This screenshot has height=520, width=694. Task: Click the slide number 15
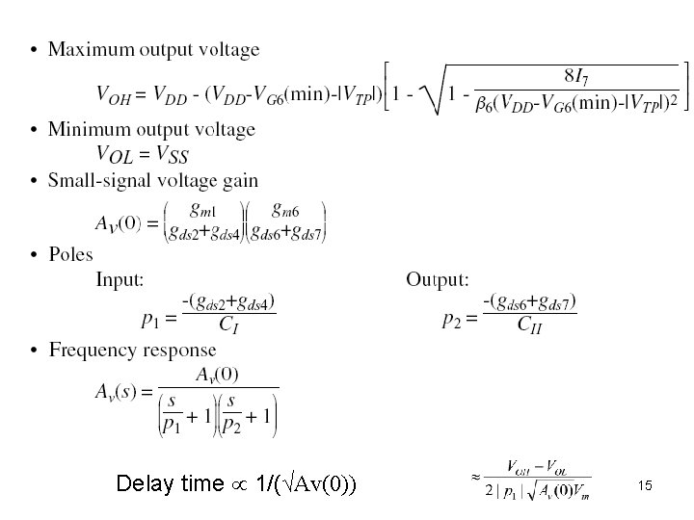645,486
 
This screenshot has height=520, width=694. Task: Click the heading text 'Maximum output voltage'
153,48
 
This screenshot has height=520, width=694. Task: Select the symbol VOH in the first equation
114,95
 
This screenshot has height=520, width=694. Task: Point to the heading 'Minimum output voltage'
151,129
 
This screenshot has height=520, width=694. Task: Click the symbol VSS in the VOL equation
172,155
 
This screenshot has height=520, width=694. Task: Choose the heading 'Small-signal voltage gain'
152,179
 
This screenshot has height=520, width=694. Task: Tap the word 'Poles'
70,254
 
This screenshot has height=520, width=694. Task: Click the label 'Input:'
120,280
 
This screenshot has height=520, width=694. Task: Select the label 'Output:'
437,280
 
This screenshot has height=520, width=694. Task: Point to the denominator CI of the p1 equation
229,327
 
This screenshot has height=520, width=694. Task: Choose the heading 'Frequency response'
132,351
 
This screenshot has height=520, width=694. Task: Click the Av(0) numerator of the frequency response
217,374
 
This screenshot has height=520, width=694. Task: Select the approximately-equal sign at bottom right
475,476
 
